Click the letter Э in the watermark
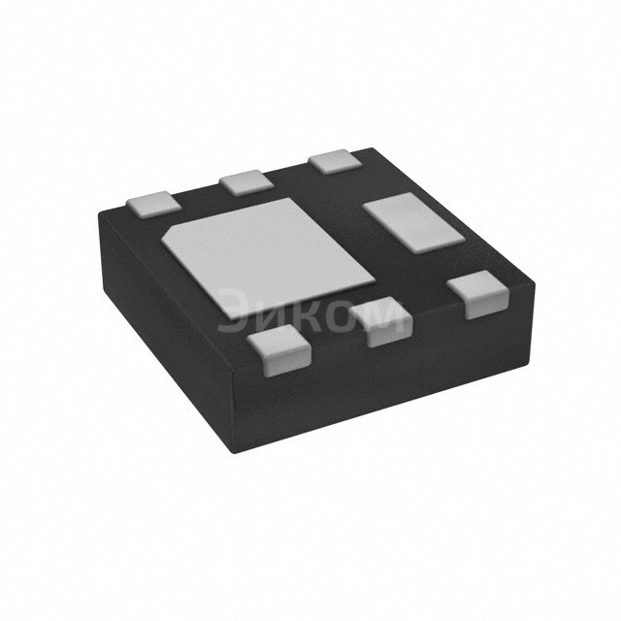click(233, 312)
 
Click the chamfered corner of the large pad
click(171, 233)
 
